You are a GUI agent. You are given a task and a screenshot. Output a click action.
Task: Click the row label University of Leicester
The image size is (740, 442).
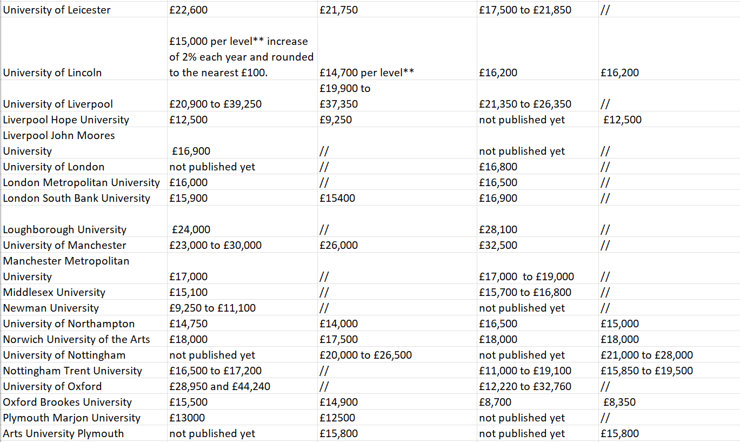57,10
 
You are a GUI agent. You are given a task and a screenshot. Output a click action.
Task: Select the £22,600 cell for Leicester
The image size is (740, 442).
188,10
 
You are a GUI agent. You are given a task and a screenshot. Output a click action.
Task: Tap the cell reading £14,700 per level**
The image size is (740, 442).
366,72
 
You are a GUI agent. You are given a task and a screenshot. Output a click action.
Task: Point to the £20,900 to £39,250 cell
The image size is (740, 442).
215,104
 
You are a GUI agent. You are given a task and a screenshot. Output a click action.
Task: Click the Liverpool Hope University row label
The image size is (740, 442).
66,120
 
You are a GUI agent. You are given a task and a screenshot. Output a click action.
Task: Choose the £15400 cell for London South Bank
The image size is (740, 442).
337,198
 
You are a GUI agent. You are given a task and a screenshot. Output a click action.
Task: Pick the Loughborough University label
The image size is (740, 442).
65,229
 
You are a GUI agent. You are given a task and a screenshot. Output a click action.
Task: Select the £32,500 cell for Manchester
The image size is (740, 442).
498,245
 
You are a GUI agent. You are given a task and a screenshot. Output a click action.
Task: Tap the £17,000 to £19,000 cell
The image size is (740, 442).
526,276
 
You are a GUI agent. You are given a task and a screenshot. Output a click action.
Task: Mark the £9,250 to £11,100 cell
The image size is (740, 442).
212,308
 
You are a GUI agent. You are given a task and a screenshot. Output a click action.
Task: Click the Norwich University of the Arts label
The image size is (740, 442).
77,339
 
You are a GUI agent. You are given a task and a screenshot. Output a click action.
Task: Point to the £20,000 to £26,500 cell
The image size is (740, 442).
365,355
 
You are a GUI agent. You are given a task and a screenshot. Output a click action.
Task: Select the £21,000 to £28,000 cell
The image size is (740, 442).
646,355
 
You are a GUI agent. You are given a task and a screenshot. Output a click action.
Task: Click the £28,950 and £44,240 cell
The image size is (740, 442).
219,386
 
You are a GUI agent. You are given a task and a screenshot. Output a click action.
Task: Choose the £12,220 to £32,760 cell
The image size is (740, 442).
525,386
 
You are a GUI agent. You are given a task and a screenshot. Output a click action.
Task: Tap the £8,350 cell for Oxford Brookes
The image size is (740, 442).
619,402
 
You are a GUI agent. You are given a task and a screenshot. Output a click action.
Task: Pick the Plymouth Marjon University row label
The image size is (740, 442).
71,418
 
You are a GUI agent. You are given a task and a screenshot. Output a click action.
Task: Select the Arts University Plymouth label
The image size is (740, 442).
63,433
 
